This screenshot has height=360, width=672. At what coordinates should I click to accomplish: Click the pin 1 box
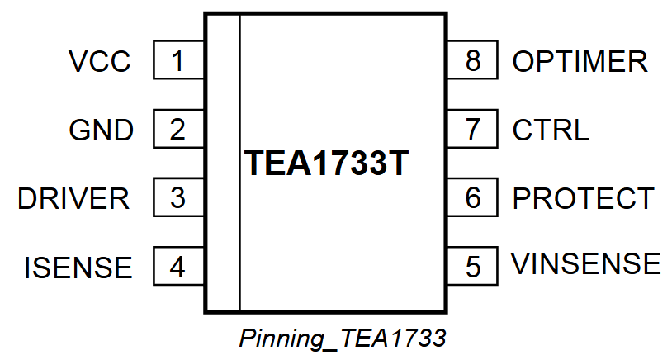pyautogui.click(x=178, y=61)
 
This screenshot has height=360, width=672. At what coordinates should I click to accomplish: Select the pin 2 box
pyautogui.click(x=178, y=130)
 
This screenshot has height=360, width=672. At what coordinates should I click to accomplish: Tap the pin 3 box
pyautogui.click(x=178, y=198)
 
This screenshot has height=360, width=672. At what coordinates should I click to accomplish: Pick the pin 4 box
pyautogui.click(x=178, y=267)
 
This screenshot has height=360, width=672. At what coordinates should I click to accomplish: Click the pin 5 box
pyautogui.click(x=473, y=267)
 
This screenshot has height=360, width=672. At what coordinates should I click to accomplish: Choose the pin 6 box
pyautogui.click(x=473, y=198)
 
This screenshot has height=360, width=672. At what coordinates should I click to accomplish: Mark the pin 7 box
pyautogui.click(x=473, y=130)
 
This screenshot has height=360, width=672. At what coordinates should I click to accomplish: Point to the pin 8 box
pyautogui.click(x=473, y=61)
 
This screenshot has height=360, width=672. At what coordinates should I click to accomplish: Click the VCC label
pyautogui.click(x=100, y=62)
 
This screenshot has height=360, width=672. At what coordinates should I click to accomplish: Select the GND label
pyautogui.click(x=101, y=130)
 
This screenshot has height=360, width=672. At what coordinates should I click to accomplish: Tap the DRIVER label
pyautogui.click(x=73, y=199)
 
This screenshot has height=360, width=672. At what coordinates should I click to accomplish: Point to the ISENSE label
pyautogui.click(x=78, y=268)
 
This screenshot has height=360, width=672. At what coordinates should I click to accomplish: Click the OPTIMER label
pyautogui.click(x=580, y=62)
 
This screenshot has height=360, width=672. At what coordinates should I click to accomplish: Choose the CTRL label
pyautogui.click(x=551, y=130)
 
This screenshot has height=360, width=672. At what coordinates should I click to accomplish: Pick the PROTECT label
pyautogui.click(x=583, y=199)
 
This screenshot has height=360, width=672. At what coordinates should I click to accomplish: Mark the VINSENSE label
pyautogui.click(x=586, y=265)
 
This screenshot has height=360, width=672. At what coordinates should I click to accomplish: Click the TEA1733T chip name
pyautogui.click(x=327, y=164)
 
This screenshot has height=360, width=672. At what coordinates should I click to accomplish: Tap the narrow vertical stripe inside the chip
pyautogui.click(x=223, y=163)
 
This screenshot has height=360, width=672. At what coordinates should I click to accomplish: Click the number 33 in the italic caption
pyautogui.click(x=433, y=338)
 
